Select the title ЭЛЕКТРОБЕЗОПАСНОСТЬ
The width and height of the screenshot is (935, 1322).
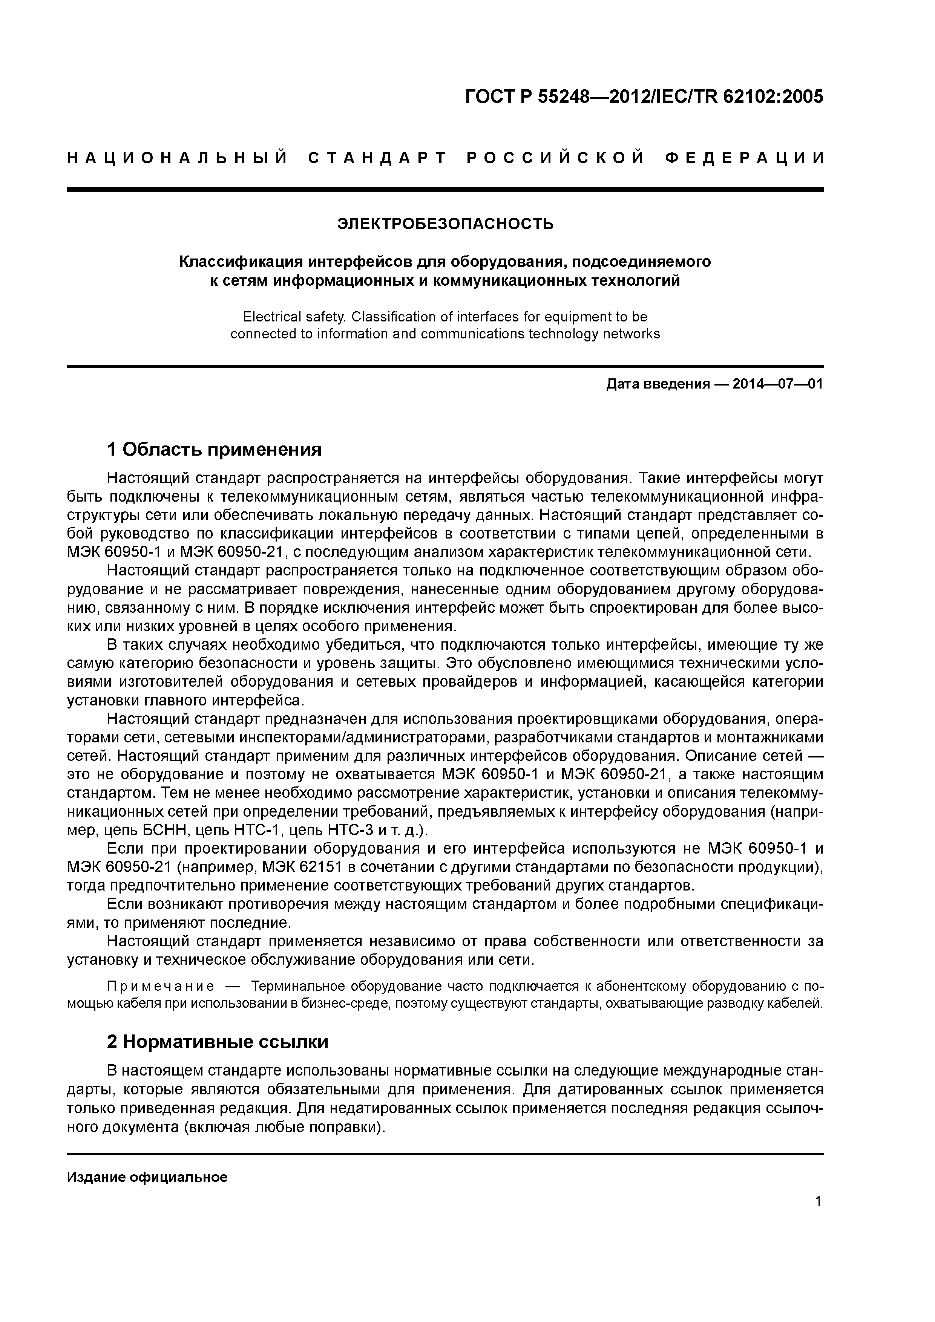[445, 223]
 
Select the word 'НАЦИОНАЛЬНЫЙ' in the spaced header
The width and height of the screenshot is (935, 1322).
[178, 158]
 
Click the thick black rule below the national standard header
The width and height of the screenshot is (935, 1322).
[445, 190]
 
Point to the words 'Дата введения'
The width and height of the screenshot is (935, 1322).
[657, 384]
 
